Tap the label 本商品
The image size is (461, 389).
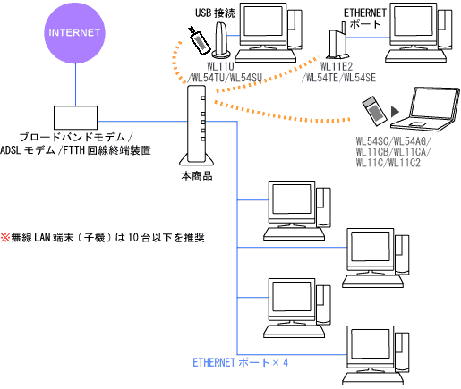tap(196, 177)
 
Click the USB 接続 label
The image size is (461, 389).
tap(217, 13)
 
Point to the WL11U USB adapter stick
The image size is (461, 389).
tap(197, 42)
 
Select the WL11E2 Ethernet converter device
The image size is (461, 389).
tap(335, 42)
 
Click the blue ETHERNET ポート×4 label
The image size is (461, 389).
tap(241, 363)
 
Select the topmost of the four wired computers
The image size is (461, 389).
tap(294, 209)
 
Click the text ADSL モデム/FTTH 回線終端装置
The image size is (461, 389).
tap(75, 151)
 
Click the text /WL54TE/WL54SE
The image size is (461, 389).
tap(341, 78)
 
